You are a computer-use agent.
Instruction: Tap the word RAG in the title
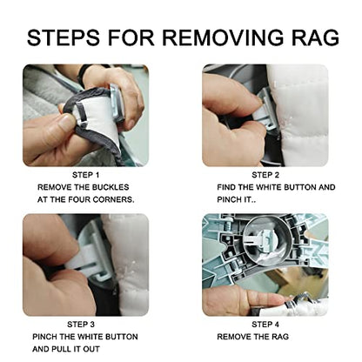[314, 37]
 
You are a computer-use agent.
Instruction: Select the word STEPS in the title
[64, 37]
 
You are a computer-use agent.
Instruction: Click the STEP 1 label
[85, 175]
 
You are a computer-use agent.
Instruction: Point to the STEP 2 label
[265, 175]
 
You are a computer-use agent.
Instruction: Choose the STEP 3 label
[81, 325]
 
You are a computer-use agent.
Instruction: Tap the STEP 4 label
[265, 325]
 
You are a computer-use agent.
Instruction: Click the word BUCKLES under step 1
[111, 187]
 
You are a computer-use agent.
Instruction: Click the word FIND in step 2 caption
[226, 187]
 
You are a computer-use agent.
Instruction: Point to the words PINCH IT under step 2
[234, 199]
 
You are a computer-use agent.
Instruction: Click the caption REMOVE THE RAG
[253, 337]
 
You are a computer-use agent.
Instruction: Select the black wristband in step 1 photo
[82, 72]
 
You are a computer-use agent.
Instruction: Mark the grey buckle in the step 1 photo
[117, 103]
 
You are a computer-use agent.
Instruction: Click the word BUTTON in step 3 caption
[121, 337]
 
